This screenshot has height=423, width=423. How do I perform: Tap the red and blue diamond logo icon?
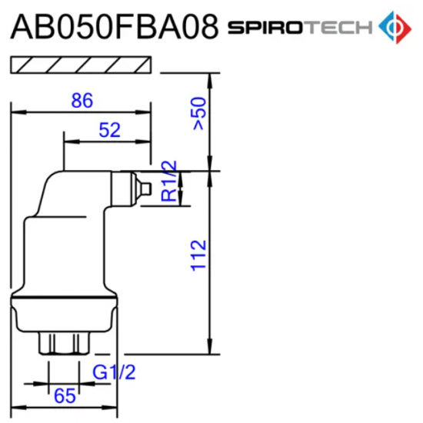395,28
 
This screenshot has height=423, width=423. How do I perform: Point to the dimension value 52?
110,131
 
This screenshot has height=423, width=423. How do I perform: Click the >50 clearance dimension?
199,113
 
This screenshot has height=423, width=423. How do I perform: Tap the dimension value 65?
65,396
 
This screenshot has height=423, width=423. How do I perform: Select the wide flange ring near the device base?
66,301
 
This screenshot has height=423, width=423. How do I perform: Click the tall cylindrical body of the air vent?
65,254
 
